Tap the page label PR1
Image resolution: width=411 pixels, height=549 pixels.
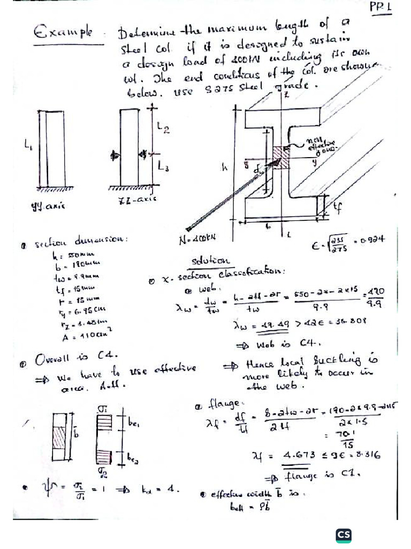[381, 8]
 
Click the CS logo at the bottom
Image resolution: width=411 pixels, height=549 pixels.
[344, 535]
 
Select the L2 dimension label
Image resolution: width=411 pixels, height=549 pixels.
[164, 128]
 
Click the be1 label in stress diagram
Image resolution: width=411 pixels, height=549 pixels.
[133, 423]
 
